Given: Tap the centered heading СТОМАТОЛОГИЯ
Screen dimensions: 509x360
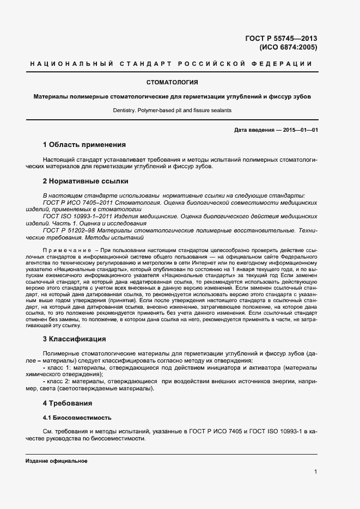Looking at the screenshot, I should (x=172, y=83).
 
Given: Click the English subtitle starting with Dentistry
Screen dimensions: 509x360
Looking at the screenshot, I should (x=172, y=110).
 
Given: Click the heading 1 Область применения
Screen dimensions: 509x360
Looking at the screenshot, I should (x=84, y=145).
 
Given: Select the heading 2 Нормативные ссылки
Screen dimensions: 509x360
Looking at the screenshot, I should (x=86, y=181).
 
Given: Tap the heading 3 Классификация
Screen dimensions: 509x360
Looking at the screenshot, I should (x=74, y=339).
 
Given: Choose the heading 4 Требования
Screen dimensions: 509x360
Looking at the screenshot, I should (x=68, y=403).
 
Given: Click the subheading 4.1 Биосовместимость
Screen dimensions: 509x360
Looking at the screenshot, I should (x=77, y=418).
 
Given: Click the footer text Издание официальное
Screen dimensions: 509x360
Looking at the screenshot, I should (x=57, y=461).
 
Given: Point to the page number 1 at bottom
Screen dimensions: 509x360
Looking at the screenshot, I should (x=315, y=472).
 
